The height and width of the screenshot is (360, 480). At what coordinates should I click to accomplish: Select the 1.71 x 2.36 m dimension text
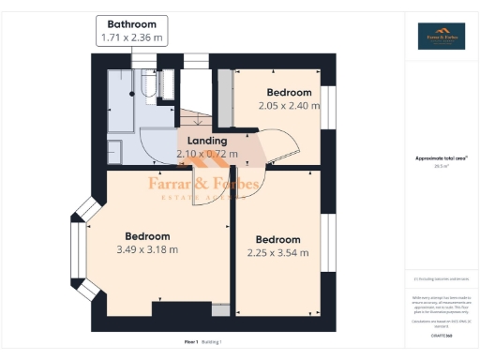coord(131,38)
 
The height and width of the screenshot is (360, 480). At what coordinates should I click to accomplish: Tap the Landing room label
coord(206,141)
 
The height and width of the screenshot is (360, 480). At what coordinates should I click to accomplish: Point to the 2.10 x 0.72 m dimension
coord(207,154)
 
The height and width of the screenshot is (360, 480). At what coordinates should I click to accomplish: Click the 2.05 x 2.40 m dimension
coord(289,105)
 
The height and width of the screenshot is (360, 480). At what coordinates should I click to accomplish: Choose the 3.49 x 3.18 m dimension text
coord(146,249)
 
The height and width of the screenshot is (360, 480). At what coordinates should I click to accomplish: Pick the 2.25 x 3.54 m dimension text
coord(277,252)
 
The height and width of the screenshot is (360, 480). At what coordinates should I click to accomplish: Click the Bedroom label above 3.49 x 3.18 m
coord(148,236)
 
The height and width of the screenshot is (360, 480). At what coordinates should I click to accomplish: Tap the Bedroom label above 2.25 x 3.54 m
coord(277,239)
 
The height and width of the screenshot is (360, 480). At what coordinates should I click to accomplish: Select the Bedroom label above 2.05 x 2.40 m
coord(289,92)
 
